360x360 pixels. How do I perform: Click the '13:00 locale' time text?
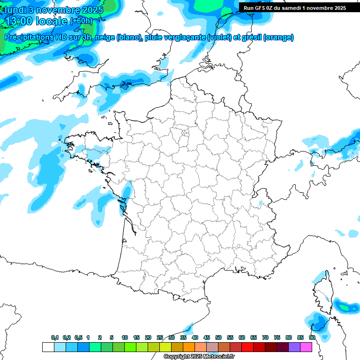[x=35, y=21]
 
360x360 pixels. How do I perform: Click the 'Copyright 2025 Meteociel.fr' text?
[x=199, y=357]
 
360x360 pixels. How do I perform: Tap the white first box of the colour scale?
[x=48, y=347]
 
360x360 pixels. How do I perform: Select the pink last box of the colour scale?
[x=306, y=347]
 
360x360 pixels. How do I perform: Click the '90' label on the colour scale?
[x=312, y=337]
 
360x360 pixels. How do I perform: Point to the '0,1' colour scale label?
[x=55, y=337]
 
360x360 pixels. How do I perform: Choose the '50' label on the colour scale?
[x=218, y=337]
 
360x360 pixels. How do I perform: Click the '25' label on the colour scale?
[x=160, y=337]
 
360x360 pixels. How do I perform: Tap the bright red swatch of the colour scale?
[x=247, y=347]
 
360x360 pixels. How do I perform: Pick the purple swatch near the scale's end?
[x=294, y=347]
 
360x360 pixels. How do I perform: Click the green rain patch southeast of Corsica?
[x=346, y=307]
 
